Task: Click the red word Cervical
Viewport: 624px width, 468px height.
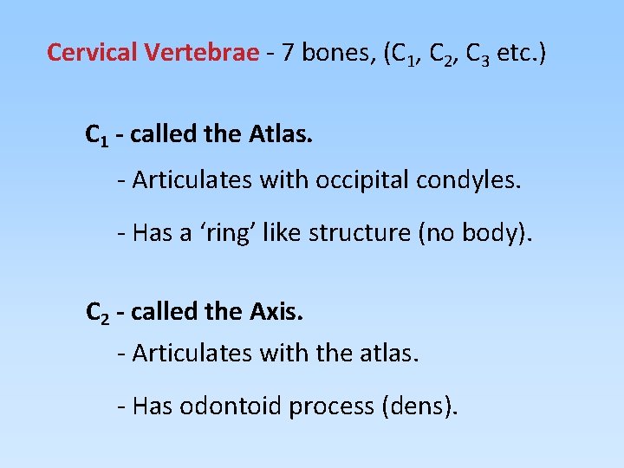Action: point(93,53)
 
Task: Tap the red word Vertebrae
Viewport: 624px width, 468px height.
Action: point(202,53)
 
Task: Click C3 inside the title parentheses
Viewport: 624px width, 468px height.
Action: point(478,55)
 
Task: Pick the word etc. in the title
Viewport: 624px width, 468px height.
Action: point(517,53)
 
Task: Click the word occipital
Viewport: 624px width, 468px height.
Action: point(363,181)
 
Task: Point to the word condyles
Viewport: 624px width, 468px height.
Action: point(471,181)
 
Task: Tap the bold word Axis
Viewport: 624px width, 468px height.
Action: point(276,311)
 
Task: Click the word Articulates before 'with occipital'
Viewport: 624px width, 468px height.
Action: point(185,181)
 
